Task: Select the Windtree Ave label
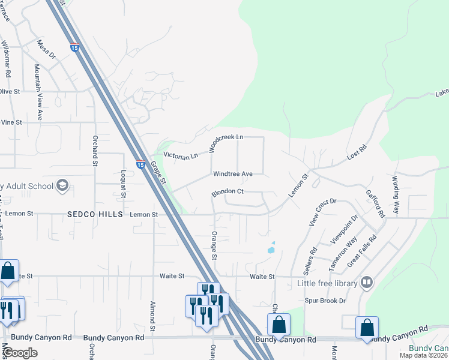233,174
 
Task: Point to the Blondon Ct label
226,193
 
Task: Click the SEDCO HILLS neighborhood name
95,214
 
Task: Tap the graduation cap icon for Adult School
62,186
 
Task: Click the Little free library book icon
366,283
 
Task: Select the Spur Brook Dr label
326,300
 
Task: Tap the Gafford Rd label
374,204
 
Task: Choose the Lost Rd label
357,152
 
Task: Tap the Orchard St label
95,147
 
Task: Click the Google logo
20,352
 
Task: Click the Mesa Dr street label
46,48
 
